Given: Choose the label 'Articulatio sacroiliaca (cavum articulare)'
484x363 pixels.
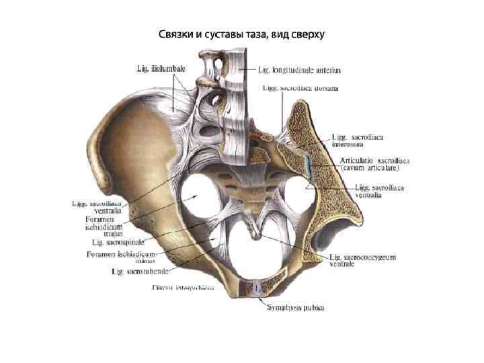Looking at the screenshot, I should tap(374, 165).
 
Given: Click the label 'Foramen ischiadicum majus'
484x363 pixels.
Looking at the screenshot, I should tap(104, 227).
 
